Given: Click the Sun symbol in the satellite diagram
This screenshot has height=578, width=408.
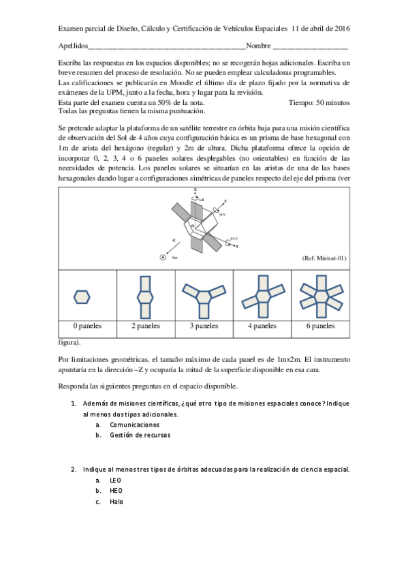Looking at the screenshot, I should pyautogui.click(x=163, y=257).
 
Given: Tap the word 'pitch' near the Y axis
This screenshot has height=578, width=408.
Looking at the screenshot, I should pyautogui.click(x=234, y=239).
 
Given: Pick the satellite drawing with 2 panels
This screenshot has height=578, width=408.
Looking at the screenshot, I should pyautogui.click(x=144, y=295).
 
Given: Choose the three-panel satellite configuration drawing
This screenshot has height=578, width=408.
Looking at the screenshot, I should pyautogui.click(x=204, y=295).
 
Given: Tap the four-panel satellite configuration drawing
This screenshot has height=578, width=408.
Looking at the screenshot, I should pyautogui.click(x=262, y=295).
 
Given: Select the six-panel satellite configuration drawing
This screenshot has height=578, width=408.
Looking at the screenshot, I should pyautogui.click(x=320, y=295).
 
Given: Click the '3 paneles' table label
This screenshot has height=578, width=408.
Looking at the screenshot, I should pyautogui.click(x=204, y=326).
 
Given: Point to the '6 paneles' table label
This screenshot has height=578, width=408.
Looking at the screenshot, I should pyautogui.click(x=320, y=326).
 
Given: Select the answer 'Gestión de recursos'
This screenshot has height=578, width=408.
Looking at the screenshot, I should pyautogui.click(x=140, y=435).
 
